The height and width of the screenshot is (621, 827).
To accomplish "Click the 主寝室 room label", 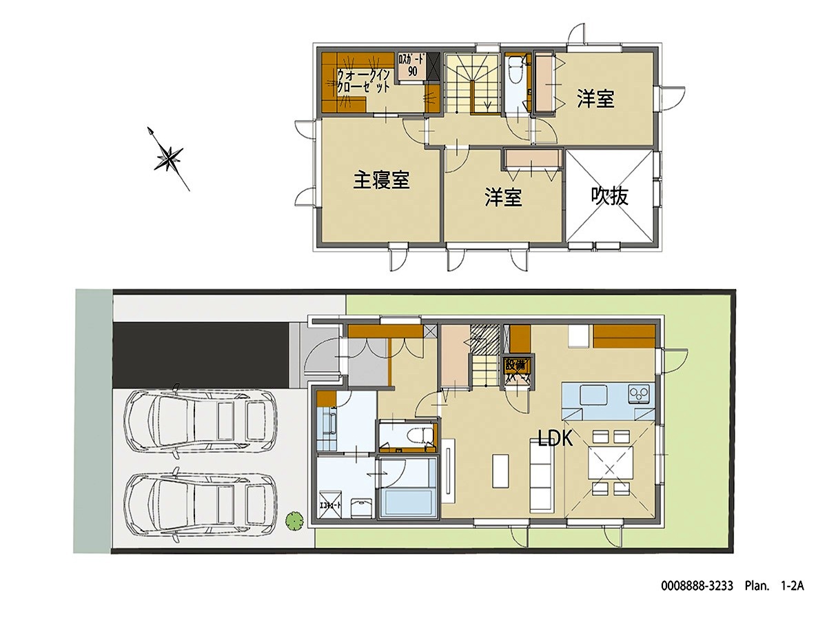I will pyautogui.click(x=382, y=181).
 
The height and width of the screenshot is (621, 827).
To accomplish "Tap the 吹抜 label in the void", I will pyautogui.click(x=610, y=197).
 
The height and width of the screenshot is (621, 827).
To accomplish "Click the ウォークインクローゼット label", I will pyautogui.click(x=365, y=81).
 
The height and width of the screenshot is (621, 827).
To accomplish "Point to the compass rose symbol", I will pyautogui.click(x=168, y=158).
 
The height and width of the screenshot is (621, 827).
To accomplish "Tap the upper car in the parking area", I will pyautogui.click(x=200, y=421).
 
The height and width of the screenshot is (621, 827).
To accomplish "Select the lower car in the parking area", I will pyautogui.click(x=200, y=504).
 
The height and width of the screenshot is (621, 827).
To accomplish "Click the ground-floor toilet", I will pyautogui.click(x=418, y=436).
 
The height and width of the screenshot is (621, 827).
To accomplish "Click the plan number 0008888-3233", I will pyautogui.click(x=698, y=586).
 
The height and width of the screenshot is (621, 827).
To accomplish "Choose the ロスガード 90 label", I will pyautogui.click(x=411, y=65).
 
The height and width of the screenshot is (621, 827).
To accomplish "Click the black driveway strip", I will pyautogui.click(x=201, y=355).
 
